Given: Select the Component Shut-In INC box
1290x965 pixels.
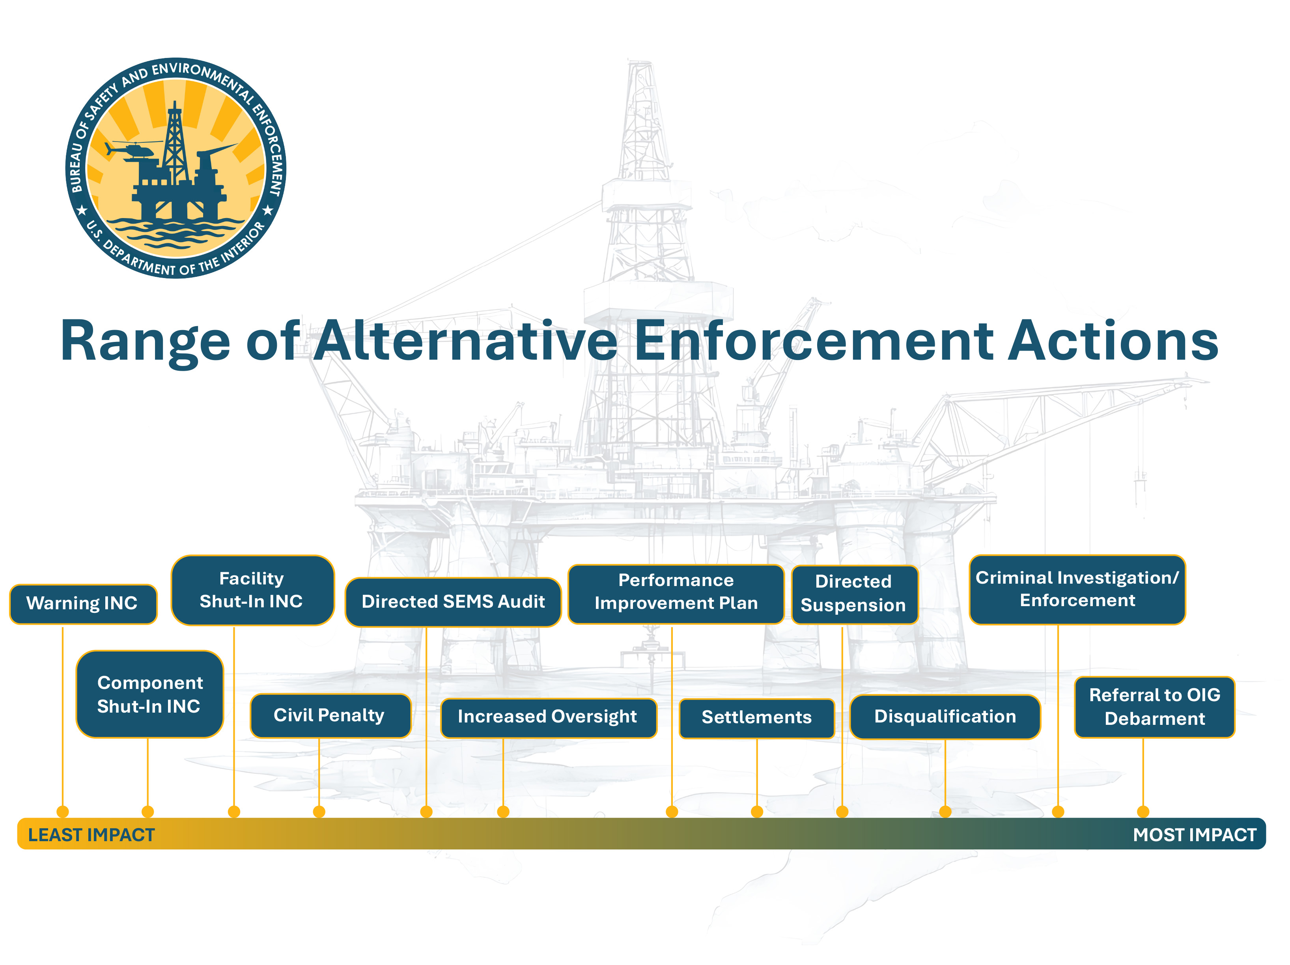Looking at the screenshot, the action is pyautogui.click(x=150, y=694).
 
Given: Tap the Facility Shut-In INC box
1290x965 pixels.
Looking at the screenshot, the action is pyautogui.click(x=252, y=590).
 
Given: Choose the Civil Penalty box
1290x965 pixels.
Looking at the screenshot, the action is pyautogui.click(x=330, y=715).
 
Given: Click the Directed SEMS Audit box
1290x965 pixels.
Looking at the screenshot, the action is pyautogui.click(x=453, y=602).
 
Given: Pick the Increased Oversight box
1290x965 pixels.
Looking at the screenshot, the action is pyautogui.click(x=548, y=718).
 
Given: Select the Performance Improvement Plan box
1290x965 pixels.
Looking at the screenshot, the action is pyautogui.click(x=676, y=594).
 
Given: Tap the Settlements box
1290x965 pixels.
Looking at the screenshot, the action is pyautogui.click(x=756, y=718).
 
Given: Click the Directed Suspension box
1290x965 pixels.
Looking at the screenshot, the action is pyautogui.click(x=854, y=594).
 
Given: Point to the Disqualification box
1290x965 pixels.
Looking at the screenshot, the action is pyautogui.click(x=945, y=717).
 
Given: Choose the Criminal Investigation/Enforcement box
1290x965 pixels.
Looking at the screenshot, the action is pyautogui.click(x=1077, y=590).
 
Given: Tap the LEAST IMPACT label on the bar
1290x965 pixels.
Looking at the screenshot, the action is pyautogui.click(x=91, y=835).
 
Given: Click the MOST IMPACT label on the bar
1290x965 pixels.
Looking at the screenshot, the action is pyautogui.click(x=1194, y=835).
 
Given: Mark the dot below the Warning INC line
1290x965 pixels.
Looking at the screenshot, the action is pyautogui.click(x=63, y=811).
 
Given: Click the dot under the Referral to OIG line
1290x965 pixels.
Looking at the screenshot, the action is pyautogui.click(x=1143, y=811).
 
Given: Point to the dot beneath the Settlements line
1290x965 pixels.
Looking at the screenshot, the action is pyautogui.click(x=757, y=811).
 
